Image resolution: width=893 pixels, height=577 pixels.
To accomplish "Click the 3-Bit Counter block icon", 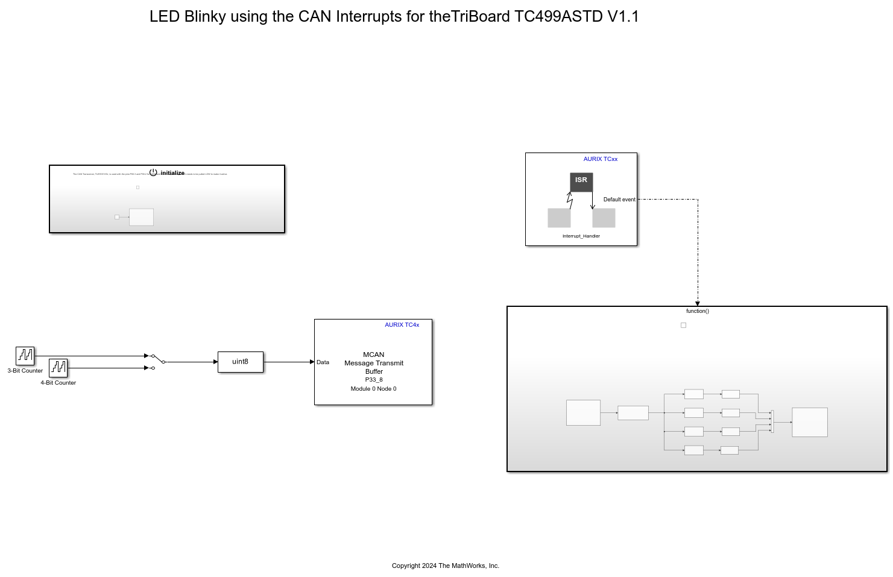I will coord(25,356).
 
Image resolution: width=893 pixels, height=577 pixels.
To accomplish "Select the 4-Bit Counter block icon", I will coord(58,368).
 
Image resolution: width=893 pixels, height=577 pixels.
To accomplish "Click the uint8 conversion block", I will coord(241,362).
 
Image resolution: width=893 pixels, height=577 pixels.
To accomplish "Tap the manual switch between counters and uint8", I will coord(157,361).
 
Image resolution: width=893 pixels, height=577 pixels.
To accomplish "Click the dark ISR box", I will coord(581,181).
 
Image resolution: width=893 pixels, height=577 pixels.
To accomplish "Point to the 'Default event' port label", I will coord(619,200).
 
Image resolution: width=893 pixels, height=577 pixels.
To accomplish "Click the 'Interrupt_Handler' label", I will coord(581,236).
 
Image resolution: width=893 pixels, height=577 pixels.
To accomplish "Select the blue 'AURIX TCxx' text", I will coord(600,159).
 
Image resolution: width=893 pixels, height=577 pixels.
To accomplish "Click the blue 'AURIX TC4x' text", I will coord(402,325).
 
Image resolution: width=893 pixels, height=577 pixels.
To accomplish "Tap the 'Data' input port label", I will coord(323,362).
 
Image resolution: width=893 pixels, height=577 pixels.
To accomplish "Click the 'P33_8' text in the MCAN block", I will coord(374,380).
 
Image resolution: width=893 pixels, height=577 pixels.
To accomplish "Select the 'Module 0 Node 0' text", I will coord(373,389).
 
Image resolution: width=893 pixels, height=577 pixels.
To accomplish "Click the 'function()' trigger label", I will coord(697,311).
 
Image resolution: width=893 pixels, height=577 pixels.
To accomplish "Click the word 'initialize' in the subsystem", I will coord(172,173).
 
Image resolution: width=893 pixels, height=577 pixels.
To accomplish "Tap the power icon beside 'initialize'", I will coord(153,172).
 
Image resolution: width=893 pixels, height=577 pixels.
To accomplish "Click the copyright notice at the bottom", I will coord(445,566).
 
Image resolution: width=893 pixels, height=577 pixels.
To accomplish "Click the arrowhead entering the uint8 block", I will coord(215,362).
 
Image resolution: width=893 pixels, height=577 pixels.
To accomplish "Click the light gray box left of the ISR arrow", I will coord(559,218).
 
